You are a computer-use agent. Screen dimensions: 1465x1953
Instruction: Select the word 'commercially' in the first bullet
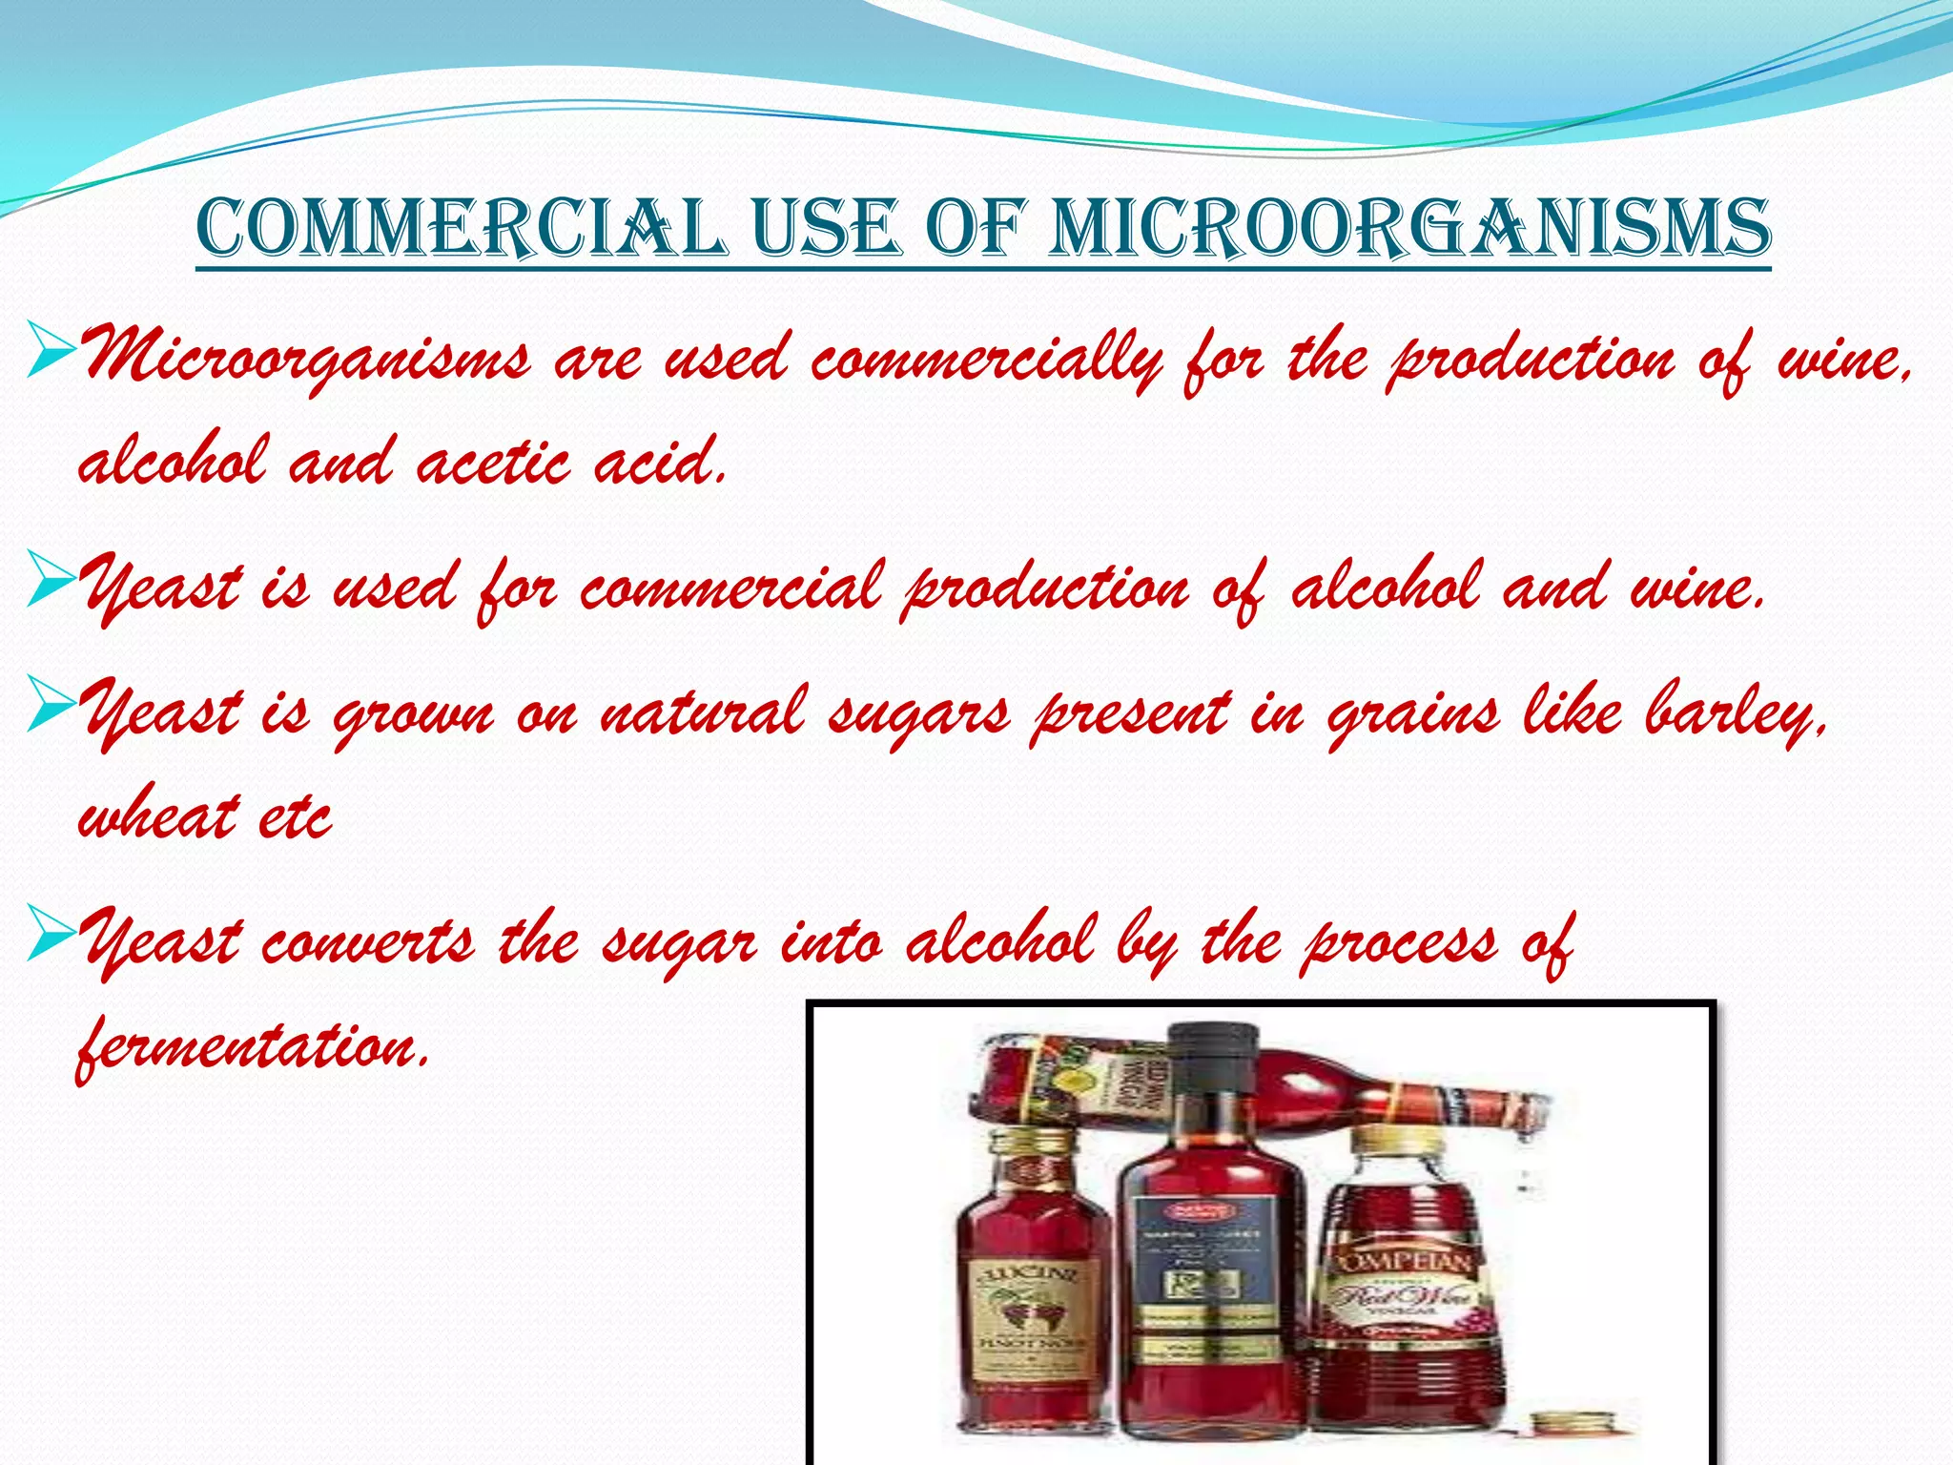coord(986,361)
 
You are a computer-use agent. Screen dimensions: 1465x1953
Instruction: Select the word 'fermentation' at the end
coord(250,1047)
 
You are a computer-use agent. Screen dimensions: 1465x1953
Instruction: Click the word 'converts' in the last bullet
coord(367,942)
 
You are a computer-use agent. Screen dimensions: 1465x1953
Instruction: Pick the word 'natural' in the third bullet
coord(704,713)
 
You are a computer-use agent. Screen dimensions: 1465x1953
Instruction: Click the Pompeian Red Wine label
coord(1398,1288)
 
